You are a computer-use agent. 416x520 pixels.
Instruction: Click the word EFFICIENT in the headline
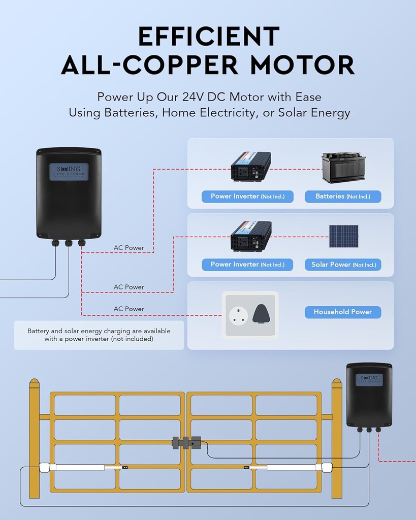click(208, 37)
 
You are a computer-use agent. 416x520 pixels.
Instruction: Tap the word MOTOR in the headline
click(303, 65)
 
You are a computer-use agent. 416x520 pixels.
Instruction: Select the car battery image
click(343, 168)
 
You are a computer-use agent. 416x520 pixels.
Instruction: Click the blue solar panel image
click(343, 236)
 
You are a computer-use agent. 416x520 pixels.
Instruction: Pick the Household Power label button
click(343, 312)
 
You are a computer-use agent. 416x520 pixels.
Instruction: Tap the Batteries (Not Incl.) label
click(343, 197)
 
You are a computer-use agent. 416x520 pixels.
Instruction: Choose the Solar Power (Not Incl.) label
click(343, 265)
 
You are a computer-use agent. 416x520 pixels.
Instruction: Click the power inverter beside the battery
click(251, 167)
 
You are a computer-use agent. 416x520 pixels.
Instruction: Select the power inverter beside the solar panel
click(251, 236)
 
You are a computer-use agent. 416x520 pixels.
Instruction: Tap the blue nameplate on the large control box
click(69, 171)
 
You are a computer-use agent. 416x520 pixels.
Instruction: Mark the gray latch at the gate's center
click(186, 442)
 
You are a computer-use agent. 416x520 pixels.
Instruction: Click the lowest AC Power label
click(129, 309)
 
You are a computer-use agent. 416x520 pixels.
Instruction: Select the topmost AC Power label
click(129, 248)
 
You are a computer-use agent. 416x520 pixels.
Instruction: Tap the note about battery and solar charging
click(99, 335)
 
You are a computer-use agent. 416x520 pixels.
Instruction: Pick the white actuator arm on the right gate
click(290, 467)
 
